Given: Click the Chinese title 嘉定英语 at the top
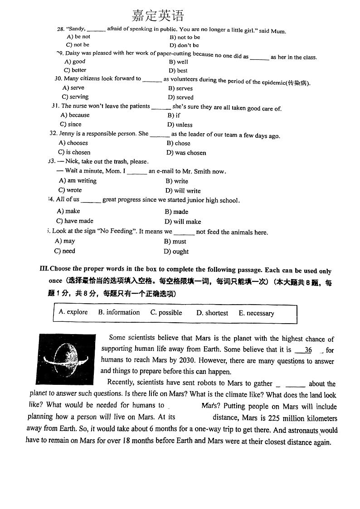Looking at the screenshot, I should tap(158, 16).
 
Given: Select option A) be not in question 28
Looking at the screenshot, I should tap(78, 37).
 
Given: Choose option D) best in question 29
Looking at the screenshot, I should tap(178, 71).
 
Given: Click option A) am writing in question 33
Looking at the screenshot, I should tap(78, 181).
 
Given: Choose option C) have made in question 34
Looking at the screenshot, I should tap(75, 221).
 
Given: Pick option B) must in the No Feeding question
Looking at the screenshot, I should tap(175, 242).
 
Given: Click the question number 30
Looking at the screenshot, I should tap(58, 78).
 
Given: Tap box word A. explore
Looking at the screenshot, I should tap(73, 312).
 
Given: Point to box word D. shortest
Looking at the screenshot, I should tap(212, 313).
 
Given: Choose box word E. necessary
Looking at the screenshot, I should tap(256, 313).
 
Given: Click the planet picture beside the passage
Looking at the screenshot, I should tap(66, 359).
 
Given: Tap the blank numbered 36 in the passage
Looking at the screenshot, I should tap(308, 350).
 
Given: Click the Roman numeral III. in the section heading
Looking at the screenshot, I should tap(44, 269).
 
